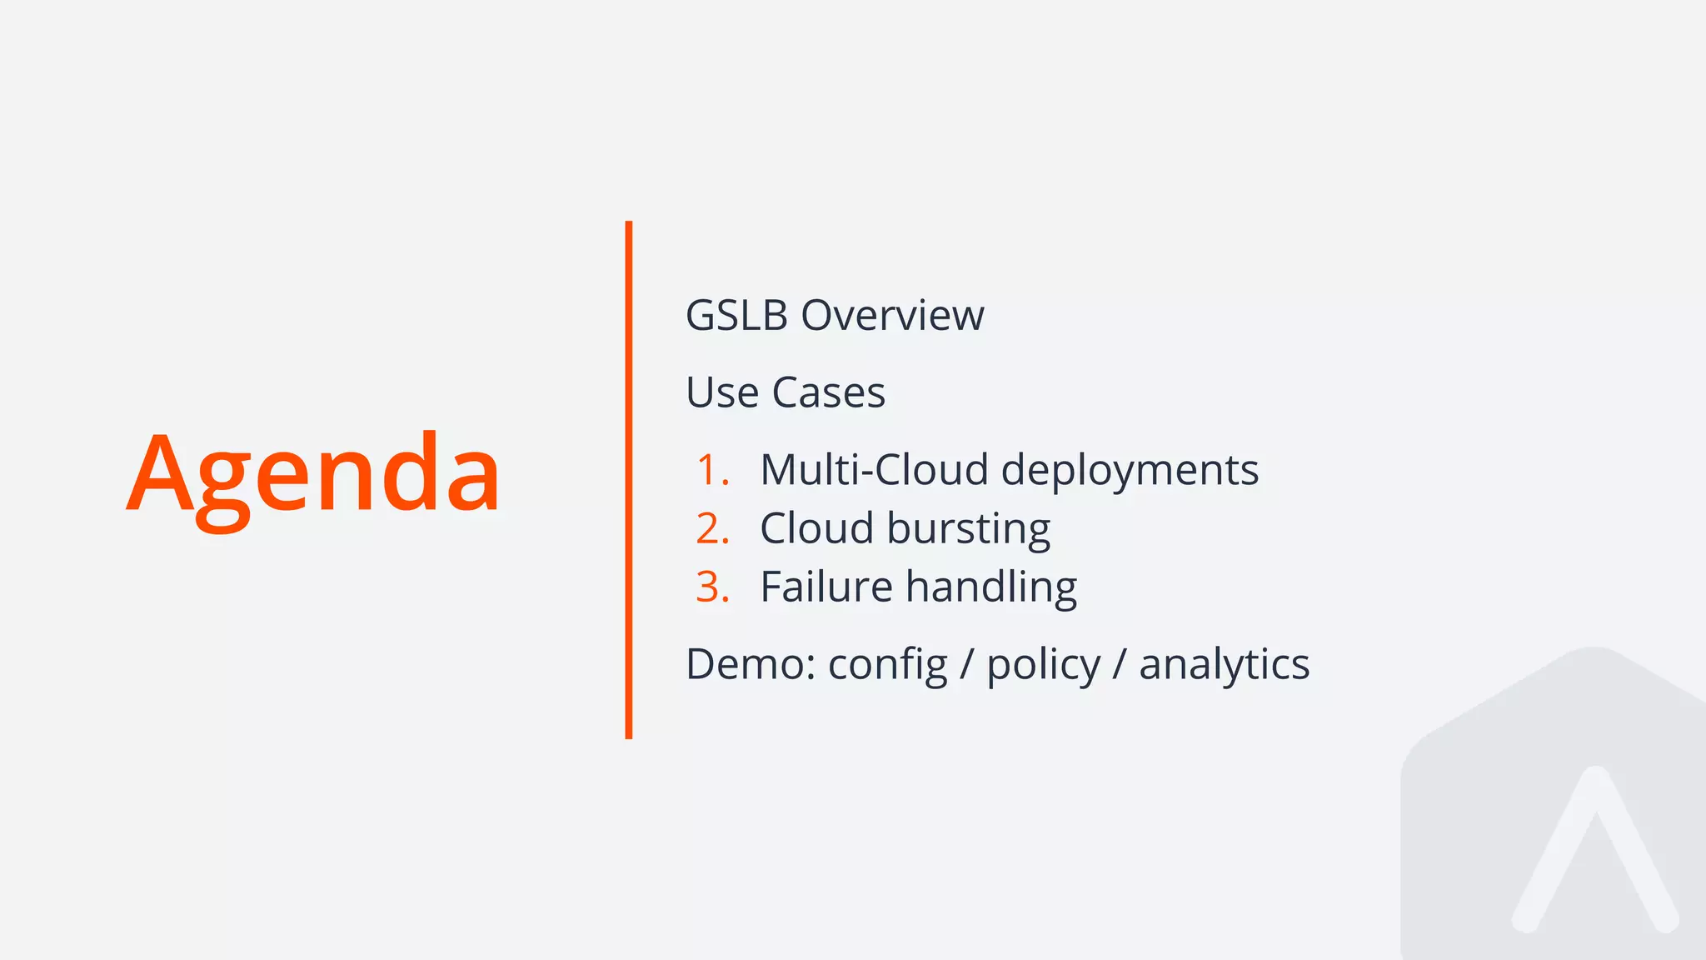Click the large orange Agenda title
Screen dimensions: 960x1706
(313, 475)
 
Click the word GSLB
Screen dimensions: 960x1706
(736, 316)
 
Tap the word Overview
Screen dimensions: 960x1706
(892, 316)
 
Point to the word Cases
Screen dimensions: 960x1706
(828, 392)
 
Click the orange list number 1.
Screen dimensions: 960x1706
(712, 470)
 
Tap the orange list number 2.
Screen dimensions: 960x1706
(712, 528)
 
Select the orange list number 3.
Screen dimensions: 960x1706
(712, 587)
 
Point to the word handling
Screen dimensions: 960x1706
(991, 588)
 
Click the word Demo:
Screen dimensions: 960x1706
(751, 665)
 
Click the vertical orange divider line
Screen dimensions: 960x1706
(629, 479)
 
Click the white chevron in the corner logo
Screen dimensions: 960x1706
(1594, 842)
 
